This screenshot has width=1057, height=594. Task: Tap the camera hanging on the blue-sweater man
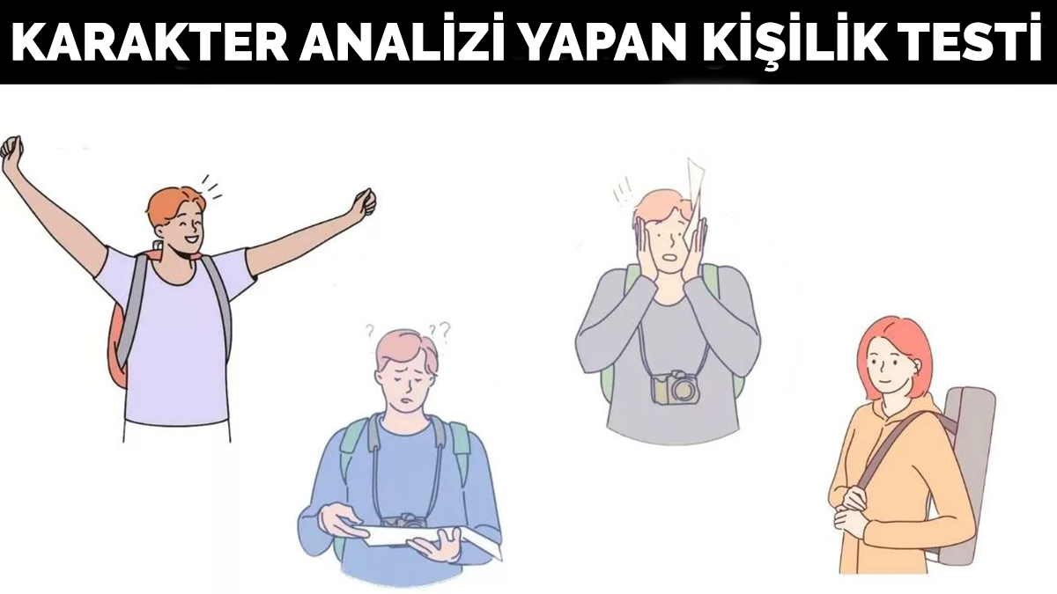(404, 521)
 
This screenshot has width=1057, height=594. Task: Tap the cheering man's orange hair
(172, 203)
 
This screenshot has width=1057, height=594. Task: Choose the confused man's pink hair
(405, 348)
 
